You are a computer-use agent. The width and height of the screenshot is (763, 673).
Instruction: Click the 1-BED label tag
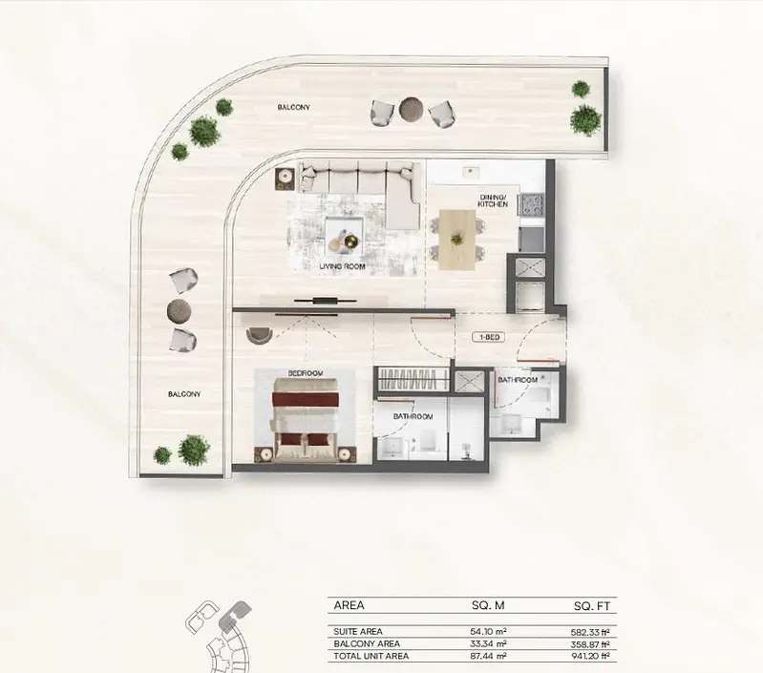489,337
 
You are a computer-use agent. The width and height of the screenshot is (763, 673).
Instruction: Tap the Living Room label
342,266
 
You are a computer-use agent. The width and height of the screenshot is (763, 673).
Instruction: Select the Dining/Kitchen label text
493,200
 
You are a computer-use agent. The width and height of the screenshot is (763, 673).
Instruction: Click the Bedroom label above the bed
306,373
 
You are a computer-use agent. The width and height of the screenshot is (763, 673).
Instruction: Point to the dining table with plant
456,240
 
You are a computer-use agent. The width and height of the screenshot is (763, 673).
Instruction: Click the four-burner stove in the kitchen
532,205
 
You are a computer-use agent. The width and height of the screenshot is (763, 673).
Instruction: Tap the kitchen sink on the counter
470,170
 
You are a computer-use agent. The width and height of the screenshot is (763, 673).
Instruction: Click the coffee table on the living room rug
344,235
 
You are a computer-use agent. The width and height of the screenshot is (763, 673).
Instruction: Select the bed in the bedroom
306,420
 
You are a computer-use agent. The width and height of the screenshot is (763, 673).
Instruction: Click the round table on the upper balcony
413,109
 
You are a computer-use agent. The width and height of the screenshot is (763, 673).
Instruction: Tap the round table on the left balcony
180,309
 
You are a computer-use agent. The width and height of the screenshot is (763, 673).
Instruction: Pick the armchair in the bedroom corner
260,335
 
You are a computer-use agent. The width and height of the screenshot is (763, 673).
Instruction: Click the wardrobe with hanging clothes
413,379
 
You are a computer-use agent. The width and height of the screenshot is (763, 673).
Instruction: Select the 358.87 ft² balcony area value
590,644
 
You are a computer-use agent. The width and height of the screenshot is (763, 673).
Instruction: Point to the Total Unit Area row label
371,656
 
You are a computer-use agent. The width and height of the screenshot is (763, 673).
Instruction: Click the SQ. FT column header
592,606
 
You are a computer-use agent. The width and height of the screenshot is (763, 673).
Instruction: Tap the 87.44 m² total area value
489,656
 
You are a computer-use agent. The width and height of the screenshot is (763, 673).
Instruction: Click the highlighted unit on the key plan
234,614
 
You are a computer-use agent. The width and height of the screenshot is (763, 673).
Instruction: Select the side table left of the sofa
285,179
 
